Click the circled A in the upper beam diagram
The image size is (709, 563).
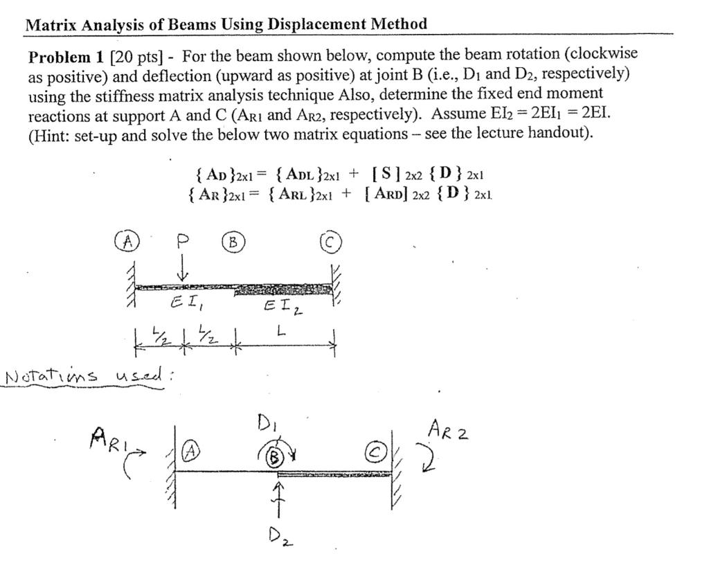pyautogui.click(x=127, y=242)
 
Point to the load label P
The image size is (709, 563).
pyautogui.click(x=182, y=240)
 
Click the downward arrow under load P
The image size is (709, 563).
pyautogui.click(x=182, y=268)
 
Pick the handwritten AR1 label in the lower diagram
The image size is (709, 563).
pyautogui.click(x=106, y=438)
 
